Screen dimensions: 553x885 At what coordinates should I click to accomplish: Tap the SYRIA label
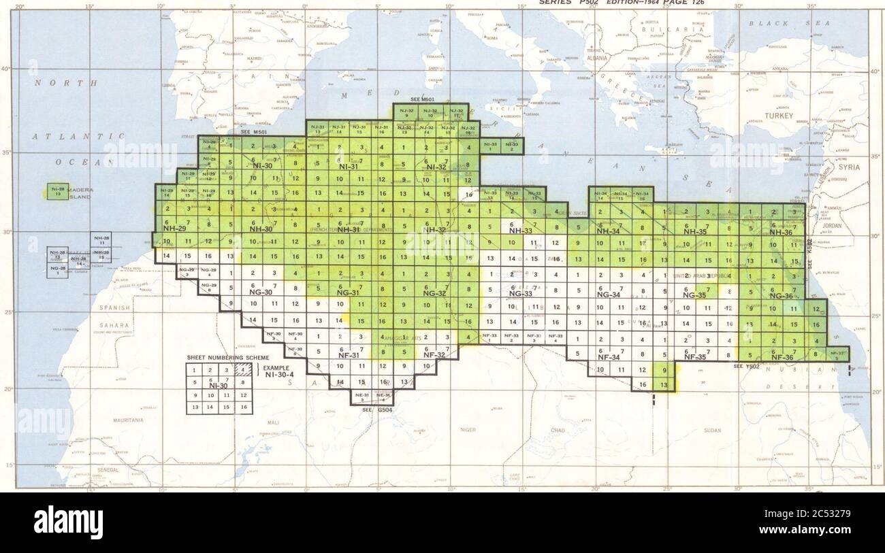point(849,167)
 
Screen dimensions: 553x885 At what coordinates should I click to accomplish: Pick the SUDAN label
point(712,431)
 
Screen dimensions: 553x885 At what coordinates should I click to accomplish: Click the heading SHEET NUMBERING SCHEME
point(228,357)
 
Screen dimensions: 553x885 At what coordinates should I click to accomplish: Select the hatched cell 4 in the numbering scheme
point(244,369)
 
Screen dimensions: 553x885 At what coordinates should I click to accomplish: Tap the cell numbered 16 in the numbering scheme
point(244,407)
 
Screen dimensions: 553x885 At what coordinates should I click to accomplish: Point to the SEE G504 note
point(372,409)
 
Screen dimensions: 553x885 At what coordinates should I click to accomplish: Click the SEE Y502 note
point(746,367)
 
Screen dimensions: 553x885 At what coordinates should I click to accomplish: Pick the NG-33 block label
point(520,294)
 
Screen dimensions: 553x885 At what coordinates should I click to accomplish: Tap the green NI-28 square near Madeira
point(58,191)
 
